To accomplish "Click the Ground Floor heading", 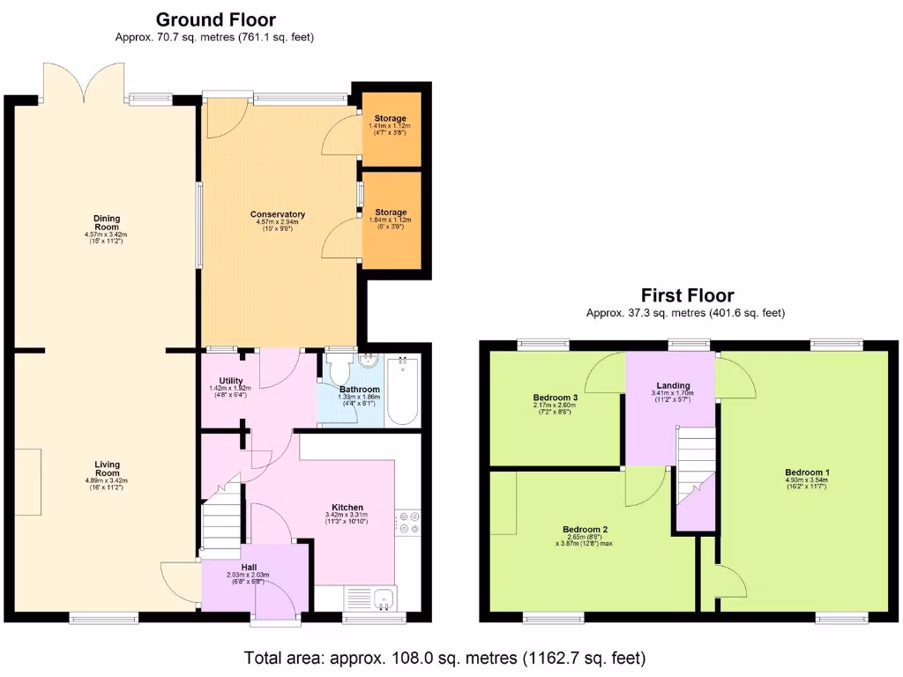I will [x=215, y=19].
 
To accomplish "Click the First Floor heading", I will [x=687, y=295].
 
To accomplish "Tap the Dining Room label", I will [x=107, y=222].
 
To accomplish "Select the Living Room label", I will [x=107, y=469].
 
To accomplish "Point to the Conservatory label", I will [x=278, y=214].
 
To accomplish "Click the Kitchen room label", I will [x=347, y=508].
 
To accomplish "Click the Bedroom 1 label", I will [x=807, y=472].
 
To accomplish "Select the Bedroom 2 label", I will [x=585, y=530].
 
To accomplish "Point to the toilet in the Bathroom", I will [x=338, y=366].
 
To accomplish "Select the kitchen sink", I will [x=383, y=599].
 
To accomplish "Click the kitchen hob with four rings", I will [x=407, y=522].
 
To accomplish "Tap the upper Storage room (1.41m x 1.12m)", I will [x=391, y=123].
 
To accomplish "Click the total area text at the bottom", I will [x=445, y=658].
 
